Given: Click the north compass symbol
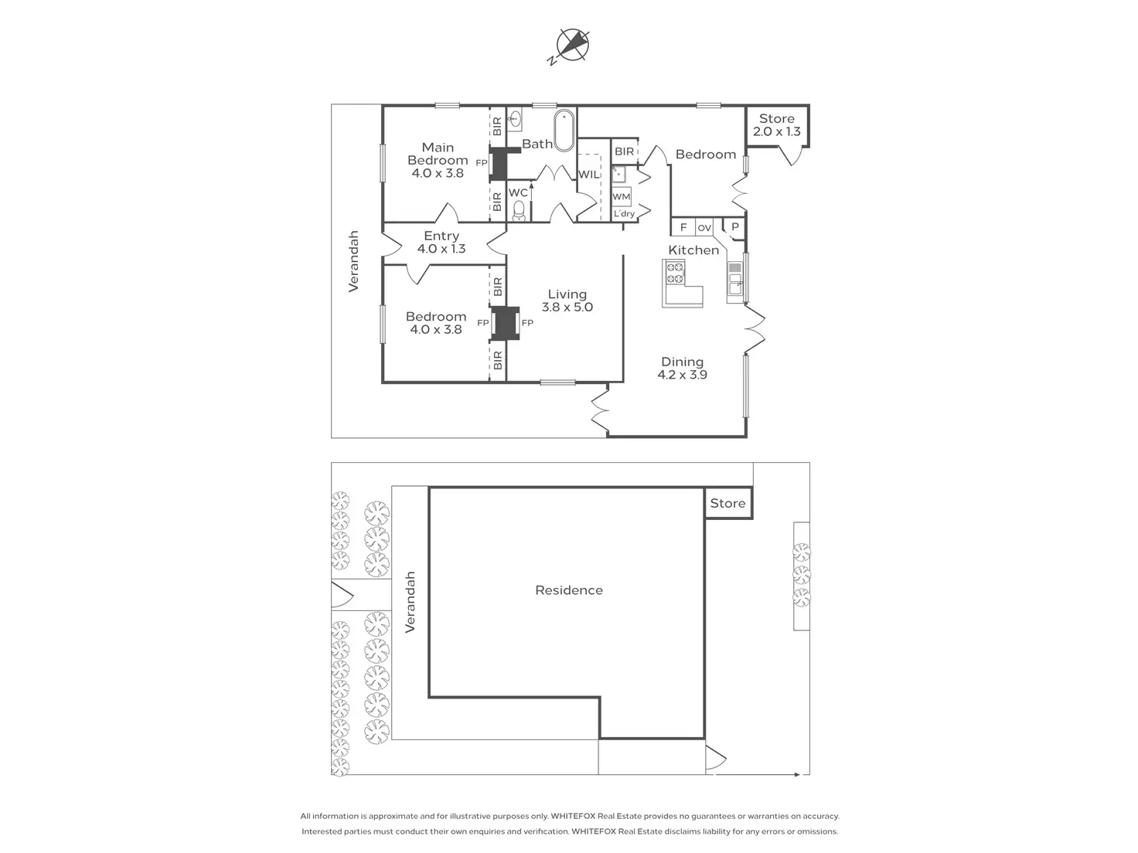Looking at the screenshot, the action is pos(573,45).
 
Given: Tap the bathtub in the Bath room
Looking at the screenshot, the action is pos(564,131).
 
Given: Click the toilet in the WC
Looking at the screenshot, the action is pos(519,210).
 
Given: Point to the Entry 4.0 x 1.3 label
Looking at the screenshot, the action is pos(441,243).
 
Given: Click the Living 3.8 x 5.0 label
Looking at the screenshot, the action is pos(567,301).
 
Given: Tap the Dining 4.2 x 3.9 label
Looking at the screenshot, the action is pos(682,368).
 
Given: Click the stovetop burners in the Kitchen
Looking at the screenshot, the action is pos(674,272).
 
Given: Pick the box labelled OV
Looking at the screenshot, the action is pos(704,228).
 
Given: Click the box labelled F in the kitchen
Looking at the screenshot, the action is pos(683,228).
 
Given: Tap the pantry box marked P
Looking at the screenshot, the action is pos(734,227).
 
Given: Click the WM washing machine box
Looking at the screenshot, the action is pos(621,196).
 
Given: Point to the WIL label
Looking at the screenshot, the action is pos(588,175).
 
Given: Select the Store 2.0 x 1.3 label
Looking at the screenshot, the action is pos(777,125).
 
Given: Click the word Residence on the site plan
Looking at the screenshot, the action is pos(569,590).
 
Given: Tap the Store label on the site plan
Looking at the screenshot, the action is pos(727,503).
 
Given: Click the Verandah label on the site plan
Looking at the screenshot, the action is pos(410,602).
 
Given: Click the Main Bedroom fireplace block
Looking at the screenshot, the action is pos(499,163).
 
